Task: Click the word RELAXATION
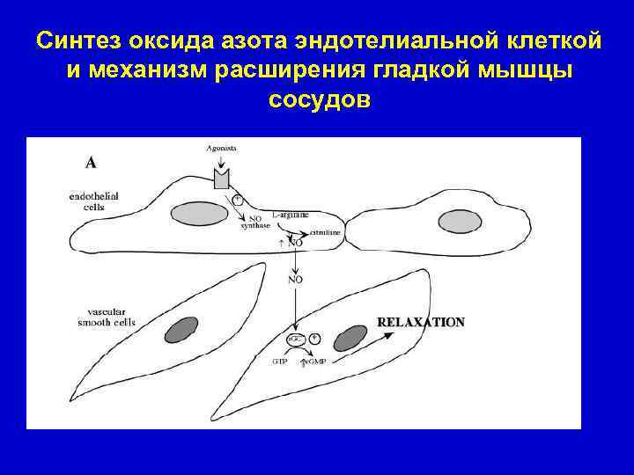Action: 421,322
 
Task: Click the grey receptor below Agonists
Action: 221,179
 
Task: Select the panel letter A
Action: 91,162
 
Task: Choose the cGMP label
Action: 314,361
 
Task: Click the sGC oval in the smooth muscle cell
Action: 293,339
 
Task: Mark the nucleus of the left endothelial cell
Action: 193,212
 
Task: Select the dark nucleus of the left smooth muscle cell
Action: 181,328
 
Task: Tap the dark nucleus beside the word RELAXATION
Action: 350,337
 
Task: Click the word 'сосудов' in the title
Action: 318,99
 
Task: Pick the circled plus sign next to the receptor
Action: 238,200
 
